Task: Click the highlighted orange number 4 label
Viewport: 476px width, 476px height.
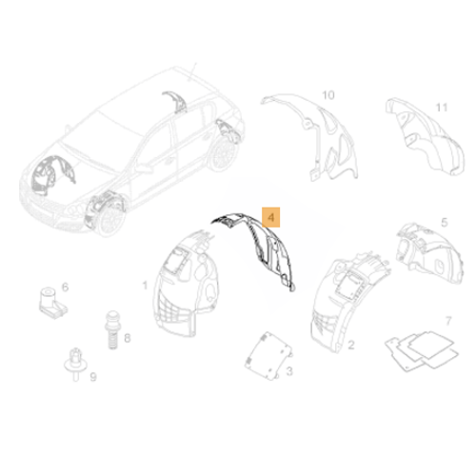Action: point(271,217)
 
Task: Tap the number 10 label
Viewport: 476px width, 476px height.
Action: point(328,95)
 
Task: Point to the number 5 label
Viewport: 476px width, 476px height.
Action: point(444,222)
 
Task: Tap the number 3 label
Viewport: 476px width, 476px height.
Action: point(289,368)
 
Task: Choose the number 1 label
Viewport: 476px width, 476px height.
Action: point(145,285)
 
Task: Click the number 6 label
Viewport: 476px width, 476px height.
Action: point(65,287)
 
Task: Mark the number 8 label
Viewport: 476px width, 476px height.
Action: point(127,338)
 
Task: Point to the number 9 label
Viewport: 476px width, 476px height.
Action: point(92,378)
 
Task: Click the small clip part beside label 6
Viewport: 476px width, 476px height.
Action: point(46,300)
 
